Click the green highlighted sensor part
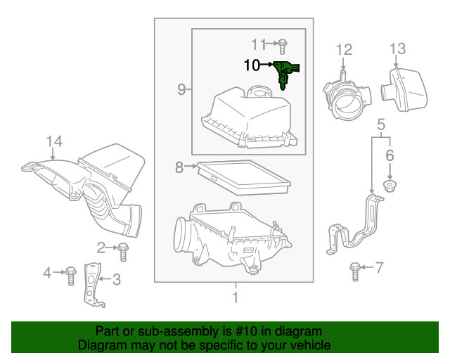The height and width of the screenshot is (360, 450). (285, 72)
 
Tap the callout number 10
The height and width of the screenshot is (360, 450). (252, 65)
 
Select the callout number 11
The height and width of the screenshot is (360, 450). (259, 44)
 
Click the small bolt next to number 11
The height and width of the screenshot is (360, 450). (281, 45)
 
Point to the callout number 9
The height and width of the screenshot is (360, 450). (181, 89)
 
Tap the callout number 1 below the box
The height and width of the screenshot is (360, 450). (235, 297)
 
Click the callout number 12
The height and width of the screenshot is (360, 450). (343, 49)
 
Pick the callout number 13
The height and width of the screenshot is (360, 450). (397, 49)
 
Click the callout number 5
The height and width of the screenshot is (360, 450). (380, 125)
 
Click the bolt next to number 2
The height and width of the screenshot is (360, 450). (124, 248)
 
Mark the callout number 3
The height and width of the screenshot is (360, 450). (117, 279)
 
